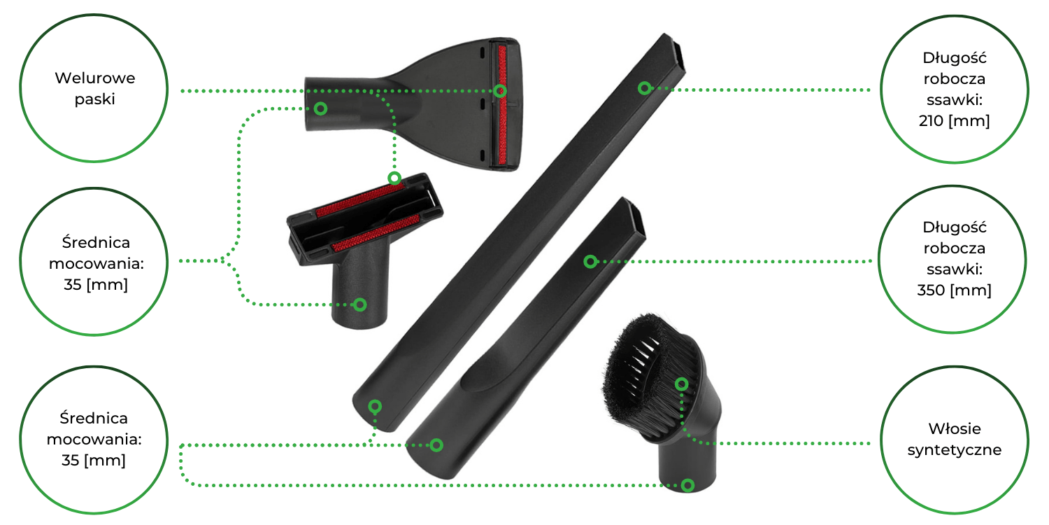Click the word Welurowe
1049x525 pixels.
tap(94, 78)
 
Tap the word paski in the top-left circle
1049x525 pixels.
tap(94, 99)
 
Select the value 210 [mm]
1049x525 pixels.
tap(954, 121)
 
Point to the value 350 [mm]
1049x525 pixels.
tap(954, 290)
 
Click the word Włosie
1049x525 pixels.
tap(954, 428)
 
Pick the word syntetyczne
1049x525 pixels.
tap(954, 450)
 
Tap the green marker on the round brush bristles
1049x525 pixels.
tap(681, 384)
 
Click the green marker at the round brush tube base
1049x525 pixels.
tap(687, 485)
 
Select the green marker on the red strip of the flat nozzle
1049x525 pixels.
tap(500, 90)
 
